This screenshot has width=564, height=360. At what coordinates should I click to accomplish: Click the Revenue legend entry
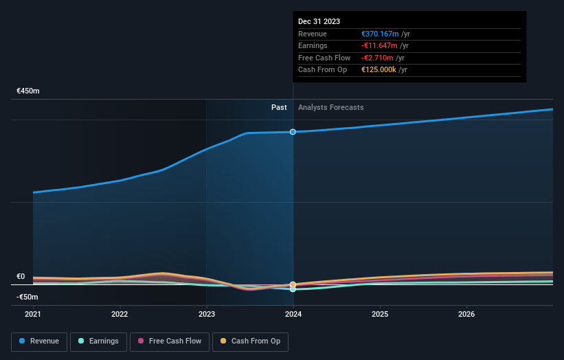39,341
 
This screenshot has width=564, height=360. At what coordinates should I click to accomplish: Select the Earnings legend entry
98,341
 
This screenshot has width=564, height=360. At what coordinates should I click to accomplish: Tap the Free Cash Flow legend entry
168,341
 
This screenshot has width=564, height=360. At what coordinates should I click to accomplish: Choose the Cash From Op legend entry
250,341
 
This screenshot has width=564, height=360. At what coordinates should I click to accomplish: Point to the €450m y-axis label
28,91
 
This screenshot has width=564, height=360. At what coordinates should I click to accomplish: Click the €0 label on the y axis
21,276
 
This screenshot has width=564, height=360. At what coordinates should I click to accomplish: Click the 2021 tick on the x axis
33,314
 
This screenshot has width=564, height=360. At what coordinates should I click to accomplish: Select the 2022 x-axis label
120,314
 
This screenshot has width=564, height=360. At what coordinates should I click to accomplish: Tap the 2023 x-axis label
206,314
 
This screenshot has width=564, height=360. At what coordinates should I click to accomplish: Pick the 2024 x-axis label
293,314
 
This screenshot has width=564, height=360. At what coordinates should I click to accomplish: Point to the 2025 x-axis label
380,314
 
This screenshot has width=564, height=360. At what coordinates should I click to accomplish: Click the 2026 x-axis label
466,314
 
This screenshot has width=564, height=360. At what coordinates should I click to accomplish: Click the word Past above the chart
279,107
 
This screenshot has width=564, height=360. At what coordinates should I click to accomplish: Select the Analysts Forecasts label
330,107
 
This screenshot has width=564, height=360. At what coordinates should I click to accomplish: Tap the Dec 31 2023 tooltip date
319,22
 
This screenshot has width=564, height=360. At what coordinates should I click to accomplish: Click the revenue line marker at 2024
293,132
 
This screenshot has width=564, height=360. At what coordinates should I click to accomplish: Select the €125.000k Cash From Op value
379,70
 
